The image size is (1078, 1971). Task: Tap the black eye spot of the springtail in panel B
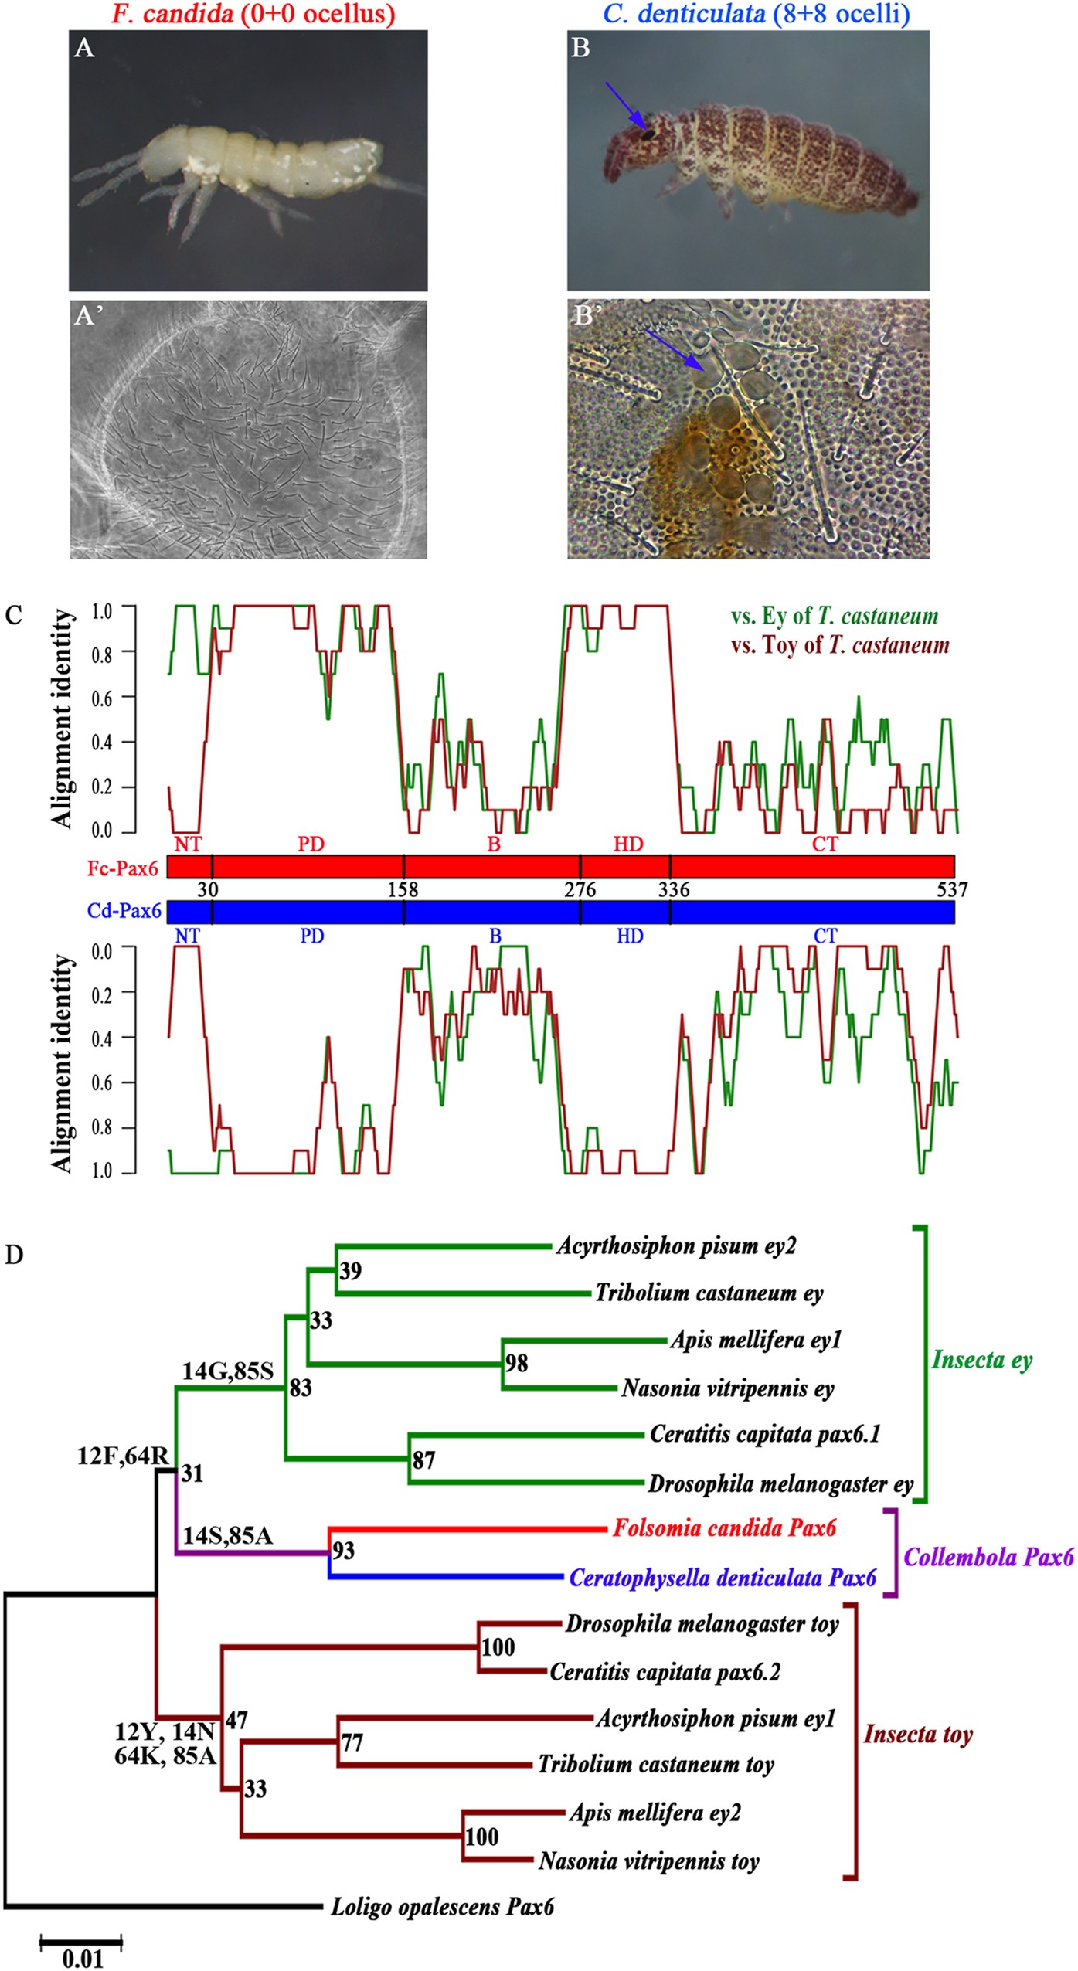(648, 134)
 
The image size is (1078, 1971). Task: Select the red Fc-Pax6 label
(122, 868)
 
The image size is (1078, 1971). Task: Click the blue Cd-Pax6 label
(124, 911)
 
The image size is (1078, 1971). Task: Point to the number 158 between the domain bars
(403, 889)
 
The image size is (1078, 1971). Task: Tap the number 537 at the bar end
(951, 889)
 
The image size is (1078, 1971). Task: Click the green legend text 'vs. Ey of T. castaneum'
(835, 616)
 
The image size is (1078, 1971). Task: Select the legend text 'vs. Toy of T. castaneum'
(840, 645)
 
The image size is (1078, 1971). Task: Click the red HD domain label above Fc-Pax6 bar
(628, 844)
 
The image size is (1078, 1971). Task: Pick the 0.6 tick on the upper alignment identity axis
(101, 698)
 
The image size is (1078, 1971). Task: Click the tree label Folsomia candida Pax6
(724, 1528)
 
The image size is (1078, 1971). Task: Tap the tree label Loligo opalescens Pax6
(442, 1906)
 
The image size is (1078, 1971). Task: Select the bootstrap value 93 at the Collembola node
(343, 1551)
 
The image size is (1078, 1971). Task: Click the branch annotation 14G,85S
(228, 1371)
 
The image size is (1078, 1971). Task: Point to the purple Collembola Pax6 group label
(988, 1556)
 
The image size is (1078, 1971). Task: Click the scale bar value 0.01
(82, 1958)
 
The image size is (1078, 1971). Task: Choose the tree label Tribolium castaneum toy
(655, 1764)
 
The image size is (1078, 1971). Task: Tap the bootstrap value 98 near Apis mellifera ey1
(516, 1363)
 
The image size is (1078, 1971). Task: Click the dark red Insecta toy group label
(918, 1734)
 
